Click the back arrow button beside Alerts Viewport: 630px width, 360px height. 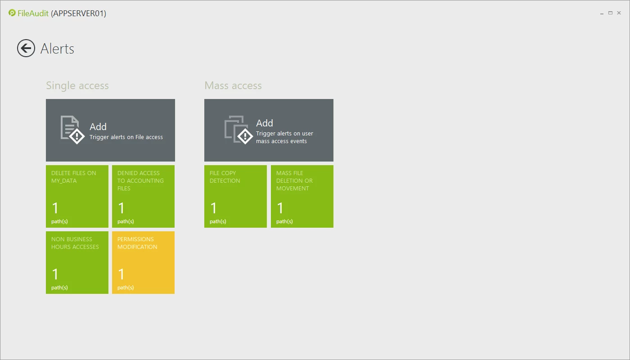click(x=26, y=48)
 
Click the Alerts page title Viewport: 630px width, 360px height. click(x=58, y=49)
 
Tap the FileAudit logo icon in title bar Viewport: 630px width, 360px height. click(x=12, y=13)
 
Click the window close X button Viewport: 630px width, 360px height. click(x=619, y=13)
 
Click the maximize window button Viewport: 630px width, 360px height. click(x=610, y=13)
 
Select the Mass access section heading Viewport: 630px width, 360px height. click(x=233, y=85)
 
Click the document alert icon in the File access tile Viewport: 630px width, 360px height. click(x=72, y=130)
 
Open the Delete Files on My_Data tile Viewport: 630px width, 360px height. click(x=77, y=196)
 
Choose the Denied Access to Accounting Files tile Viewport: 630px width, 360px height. click(x=143, y=196)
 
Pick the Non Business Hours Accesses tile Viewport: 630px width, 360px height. click(x=77, y=262)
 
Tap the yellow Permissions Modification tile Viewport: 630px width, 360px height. click(x=143, y=262)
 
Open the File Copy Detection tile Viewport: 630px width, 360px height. click(x=235, y=196)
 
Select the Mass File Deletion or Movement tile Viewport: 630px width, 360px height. click(x=302, y=196)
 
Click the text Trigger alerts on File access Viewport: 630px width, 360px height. click(x=126, y=137)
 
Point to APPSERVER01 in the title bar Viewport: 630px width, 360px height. click(x=78, y=13)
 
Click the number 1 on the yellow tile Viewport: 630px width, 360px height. click(x=121, y=274)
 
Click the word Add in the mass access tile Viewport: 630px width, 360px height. click(x=265, y=123)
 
